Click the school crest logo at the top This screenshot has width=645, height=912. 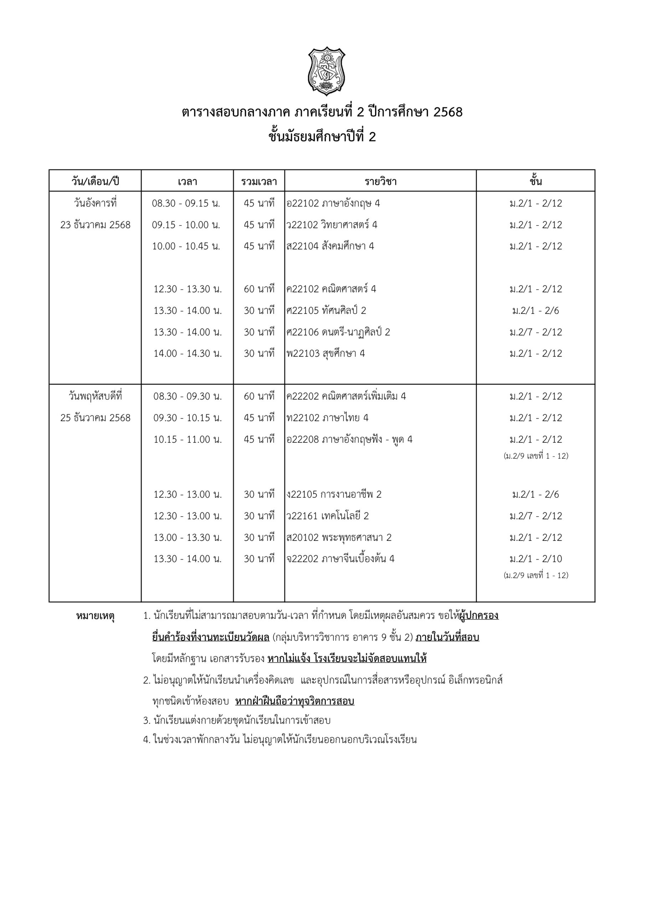(326, 71)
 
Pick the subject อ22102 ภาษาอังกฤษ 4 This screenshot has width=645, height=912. (333, 203)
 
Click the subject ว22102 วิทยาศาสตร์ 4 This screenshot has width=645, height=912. (332, 225)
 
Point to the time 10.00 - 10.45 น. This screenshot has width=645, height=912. (186, 246)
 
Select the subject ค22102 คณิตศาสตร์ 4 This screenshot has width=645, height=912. (331, 289)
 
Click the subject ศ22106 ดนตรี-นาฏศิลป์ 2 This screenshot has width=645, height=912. (338, 332)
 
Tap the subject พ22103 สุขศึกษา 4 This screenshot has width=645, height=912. (325, 353)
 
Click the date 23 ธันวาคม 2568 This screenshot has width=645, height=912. (96, 225)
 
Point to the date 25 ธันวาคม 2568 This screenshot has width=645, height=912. (96, 418)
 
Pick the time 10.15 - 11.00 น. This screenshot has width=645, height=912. (187, 439)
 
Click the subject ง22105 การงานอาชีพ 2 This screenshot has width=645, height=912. (334, 494)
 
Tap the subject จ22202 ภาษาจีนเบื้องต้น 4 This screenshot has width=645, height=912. (341, 559)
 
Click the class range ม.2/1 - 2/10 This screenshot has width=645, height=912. (536, 559)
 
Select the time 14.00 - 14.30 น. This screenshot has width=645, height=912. (187, 353)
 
